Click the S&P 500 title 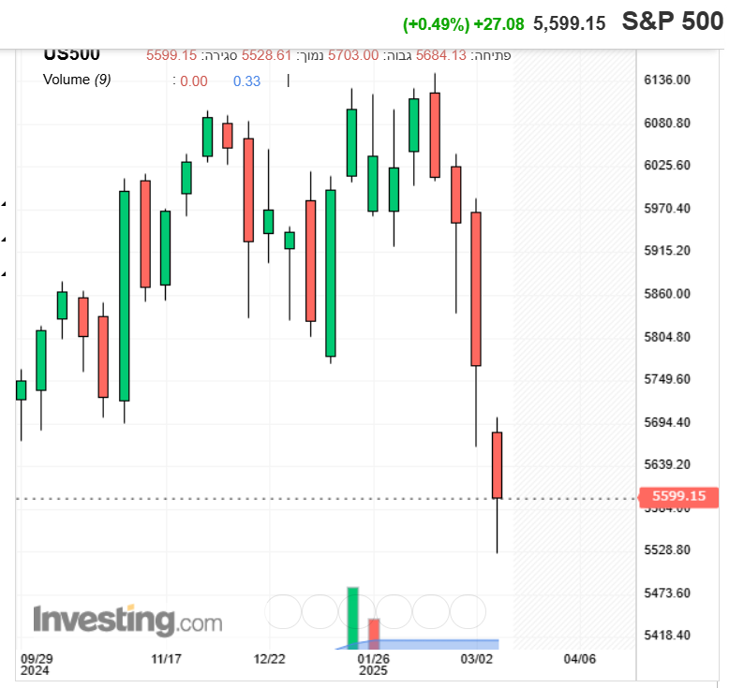(x=673, y=22)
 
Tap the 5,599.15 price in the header (x=569, y=23)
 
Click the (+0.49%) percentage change (x=436, y=23)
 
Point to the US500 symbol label (x=71, y=54)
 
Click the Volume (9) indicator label (x=77, y=81)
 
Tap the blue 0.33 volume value (x=246, y=81)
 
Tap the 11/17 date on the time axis (x=166, y=659)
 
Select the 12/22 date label (x=270, y=659)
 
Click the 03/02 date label (x=477, y=659)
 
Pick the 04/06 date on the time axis (x=580, y=659)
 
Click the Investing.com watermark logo (x=127, y=621)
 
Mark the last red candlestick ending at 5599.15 (x=498, y=465)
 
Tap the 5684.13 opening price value (x=441, y=55)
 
